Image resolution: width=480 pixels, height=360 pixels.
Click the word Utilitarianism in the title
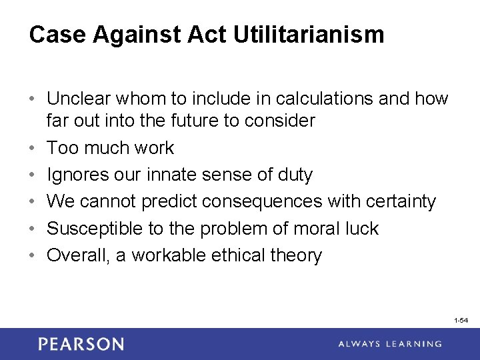coord(309,35)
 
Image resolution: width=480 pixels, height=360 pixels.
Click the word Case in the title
coord(56,35)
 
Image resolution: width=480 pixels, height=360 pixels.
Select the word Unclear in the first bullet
coord(81,99)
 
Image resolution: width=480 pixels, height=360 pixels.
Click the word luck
coord(361,229)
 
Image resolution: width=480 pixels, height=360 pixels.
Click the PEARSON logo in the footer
coord(81,344)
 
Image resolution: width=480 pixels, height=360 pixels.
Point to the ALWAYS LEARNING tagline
coord(390,344)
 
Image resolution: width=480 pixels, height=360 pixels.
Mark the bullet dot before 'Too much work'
coord(33,148)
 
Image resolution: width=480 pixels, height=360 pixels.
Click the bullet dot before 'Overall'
coord(33,255)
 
